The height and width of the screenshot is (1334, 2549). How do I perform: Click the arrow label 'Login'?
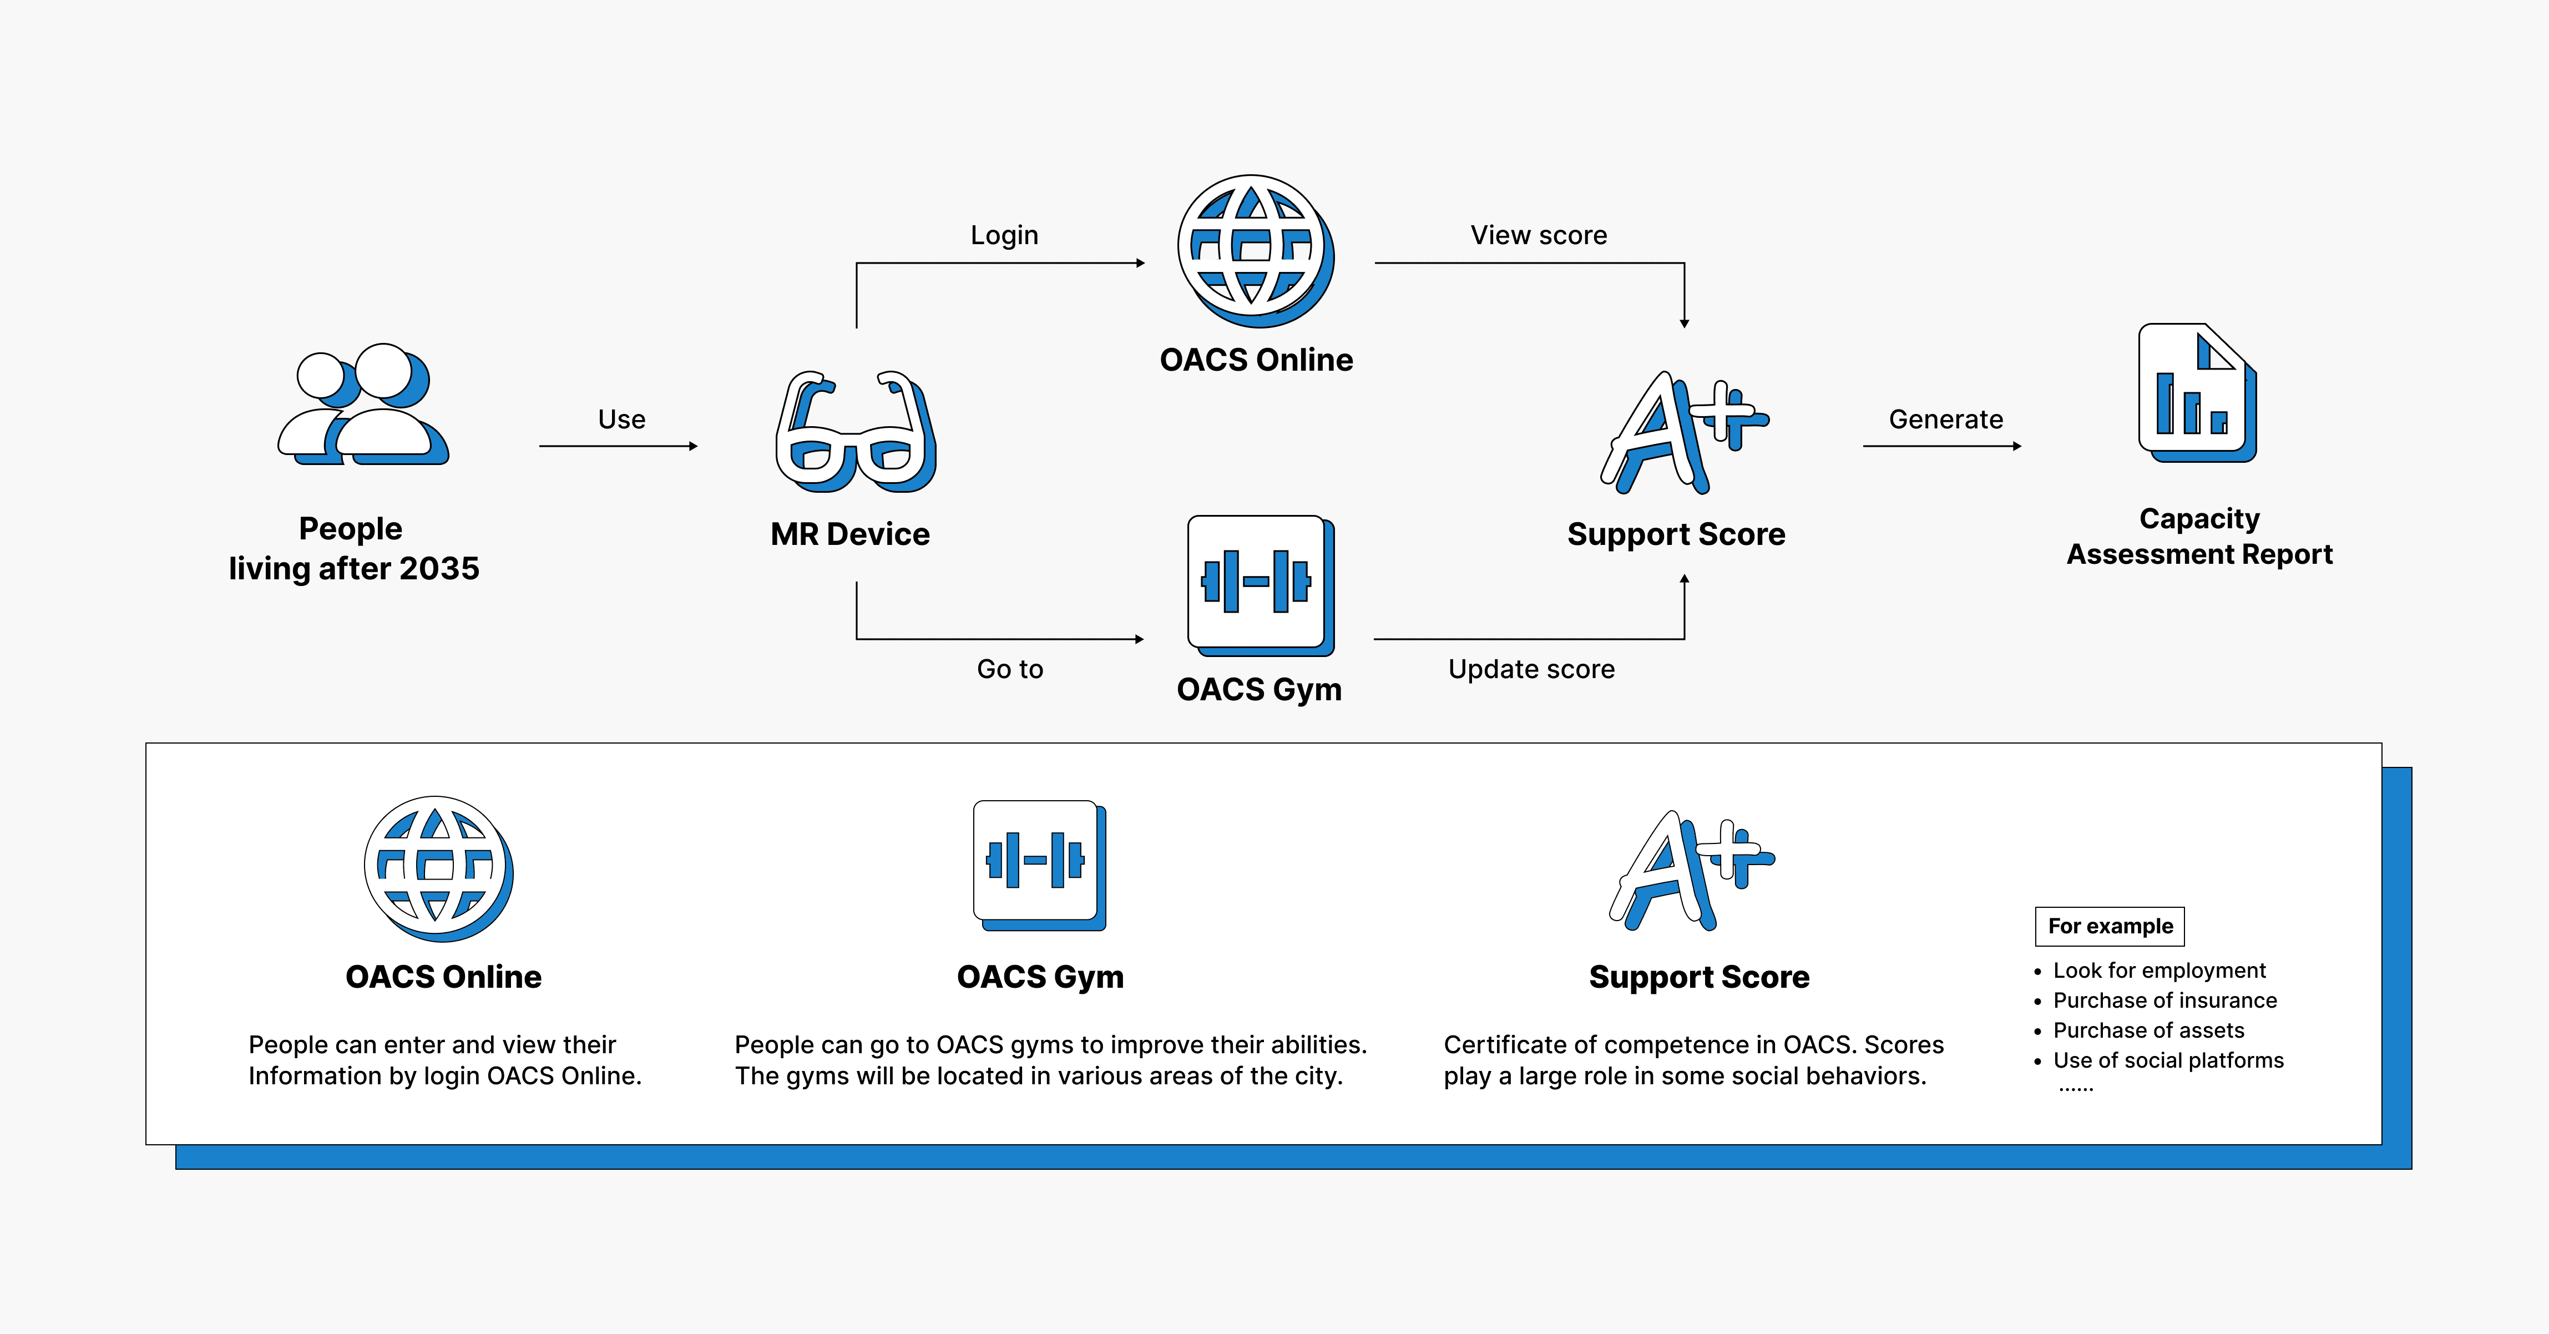[1004, 235]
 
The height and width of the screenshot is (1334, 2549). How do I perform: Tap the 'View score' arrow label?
[1539, 235]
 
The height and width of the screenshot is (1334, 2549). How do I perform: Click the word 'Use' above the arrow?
[621, 420]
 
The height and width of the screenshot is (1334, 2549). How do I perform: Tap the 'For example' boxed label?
[2110, 926]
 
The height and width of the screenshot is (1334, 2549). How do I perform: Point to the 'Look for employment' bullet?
[2159, 971]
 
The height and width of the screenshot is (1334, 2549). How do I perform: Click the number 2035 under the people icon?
[441, 569]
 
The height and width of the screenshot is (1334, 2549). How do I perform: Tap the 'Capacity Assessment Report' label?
[2199, 537]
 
